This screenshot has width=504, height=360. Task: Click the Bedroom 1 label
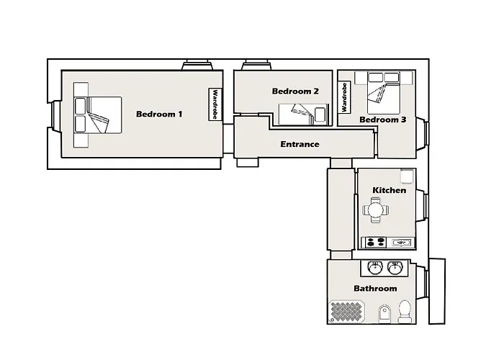[x=159, y=114]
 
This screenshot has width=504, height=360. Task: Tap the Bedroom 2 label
[x=295, y=91]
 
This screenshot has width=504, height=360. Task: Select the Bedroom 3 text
[x=382, y=120]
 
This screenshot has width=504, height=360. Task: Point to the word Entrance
[x=300, y=144]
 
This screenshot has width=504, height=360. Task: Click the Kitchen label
[x=389, y=190]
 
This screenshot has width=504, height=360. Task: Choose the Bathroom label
[x=375, y=288]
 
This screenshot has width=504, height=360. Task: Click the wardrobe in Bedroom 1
[x=215, y=104]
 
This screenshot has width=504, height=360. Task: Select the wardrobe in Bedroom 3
[x=344, y=97]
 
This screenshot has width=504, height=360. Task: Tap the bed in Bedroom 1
[x=98, y=115]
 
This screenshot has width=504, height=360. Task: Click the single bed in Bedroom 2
[x=303, y=114]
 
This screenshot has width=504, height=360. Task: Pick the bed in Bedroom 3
[x=384, y=93]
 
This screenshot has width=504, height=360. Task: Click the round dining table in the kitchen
[x=375, y=210]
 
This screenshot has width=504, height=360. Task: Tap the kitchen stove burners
[x=376, y=242]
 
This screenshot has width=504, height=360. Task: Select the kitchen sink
[x=401, y=243]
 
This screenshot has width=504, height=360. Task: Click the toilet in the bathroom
[x=405, y=311]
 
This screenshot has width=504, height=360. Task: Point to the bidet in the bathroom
[x=384, y=313]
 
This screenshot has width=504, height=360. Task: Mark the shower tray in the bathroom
[x=346, y=311]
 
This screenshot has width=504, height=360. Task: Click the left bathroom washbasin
[x=375, y=267]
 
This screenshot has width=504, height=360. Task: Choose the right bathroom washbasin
[x=395, y=267]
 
